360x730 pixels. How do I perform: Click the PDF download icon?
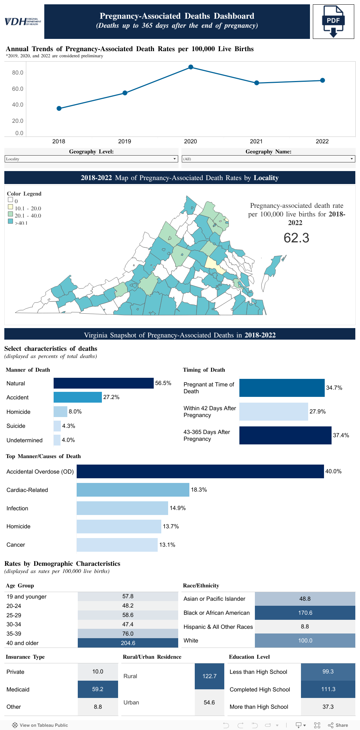click(333, 22)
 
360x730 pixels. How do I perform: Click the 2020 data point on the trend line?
click(191, 67)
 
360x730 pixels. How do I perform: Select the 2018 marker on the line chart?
click(59, 108)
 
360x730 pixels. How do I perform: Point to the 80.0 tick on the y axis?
click(18, 73)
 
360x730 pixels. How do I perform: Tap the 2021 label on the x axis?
click(256, 142)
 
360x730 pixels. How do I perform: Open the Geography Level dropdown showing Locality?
click(91, 159)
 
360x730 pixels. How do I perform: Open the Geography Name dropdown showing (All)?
click(268, 159)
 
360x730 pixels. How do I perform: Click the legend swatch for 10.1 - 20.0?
click(10, 207)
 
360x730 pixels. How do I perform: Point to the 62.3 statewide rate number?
click(296, 238)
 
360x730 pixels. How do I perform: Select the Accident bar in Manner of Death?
click(78, 397)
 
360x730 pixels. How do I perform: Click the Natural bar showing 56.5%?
click(104, 383)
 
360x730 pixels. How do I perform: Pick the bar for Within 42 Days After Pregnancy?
click(274, 412)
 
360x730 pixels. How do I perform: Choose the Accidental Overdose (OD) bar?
click(200, 471)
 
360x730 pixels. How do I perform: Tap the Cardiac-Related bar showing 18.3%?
click(133, 490)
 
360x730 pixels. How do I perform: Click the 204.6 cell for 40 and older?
click(128, 643)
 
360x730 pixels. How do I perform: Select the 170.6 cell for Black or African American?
click(305, 613)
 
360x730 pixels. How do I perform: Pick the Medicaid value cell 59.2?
click(98, 689)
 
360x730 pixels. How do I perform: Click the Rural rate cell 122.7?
click(210, 676)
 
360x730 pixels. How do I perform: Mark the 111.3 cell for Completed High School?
click(328, 689)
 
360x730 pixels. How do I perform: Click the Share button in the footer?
click(338, 725)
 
